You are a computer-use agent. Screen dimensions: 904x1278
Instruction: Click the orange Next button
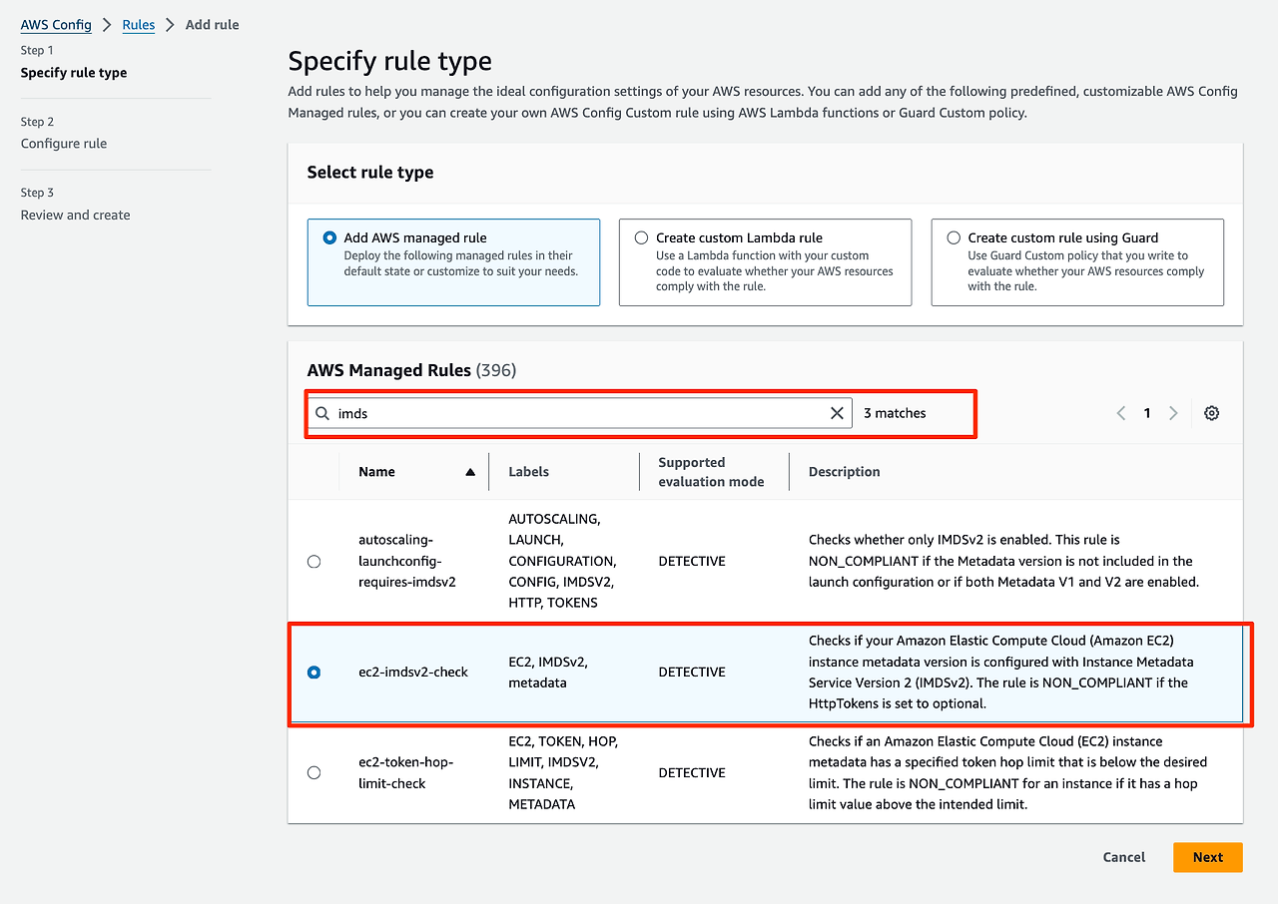(x=1207, y=857)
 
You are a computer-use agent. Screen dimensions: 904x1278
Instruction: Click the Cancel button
(x=1123, y=857)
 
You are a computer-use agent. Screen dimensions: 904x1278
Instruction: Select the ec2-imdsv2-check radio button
(x=315, y=673)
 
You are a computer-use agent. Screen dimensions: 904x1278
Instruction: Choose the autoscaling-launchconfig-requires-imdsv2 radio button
(x=315, y=562)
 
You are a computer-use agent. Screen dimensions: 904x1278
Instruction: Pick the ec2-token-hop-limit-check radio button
(x=315, y=772)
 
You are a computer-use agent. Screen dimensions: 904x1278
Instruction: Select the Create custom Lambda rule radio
(x=641, y=237)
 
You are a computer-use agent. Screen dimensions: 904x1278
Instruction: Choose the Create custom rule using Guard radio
(x=954, y=237)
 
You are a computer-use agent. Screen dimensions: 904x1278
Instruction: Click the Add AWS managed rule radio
(x=329, y=237)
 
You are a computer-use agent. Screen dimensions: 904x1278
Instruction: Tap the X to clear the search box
(x=837, y=413)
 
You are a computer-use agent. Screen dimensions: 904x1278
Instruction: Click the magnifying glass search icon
(x=322, y=413)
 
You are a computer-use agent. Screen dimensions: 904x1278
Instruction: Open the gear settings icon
(x=1211, y=413)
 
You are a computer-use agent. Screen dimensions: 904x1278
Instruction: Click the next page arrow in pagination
(x=1173, y=413)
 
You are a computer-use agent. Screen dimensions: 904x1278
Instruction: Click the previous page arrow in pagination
(x=1121, y=413)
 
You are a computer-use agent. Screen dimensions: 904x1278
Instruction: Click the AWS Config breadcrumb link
(x=56, y=24)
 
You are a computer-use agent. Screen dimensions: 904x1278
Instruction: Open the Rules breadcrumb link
(x=139, y=24)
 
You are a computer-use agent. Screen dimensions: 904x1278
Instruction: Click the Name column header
(x=377, y=472)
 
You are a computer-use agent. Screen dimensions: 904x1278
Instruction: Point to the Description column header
(x=844, y=472)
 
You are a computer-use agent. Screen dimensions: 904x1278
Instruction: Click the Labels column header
(x=528, y=472)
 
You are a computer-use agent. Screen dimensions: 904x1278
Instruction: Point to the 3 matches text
(x=895, y=413)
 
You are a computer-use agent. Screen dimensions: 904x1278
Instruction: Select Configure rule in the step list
(x=64, y=144)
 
